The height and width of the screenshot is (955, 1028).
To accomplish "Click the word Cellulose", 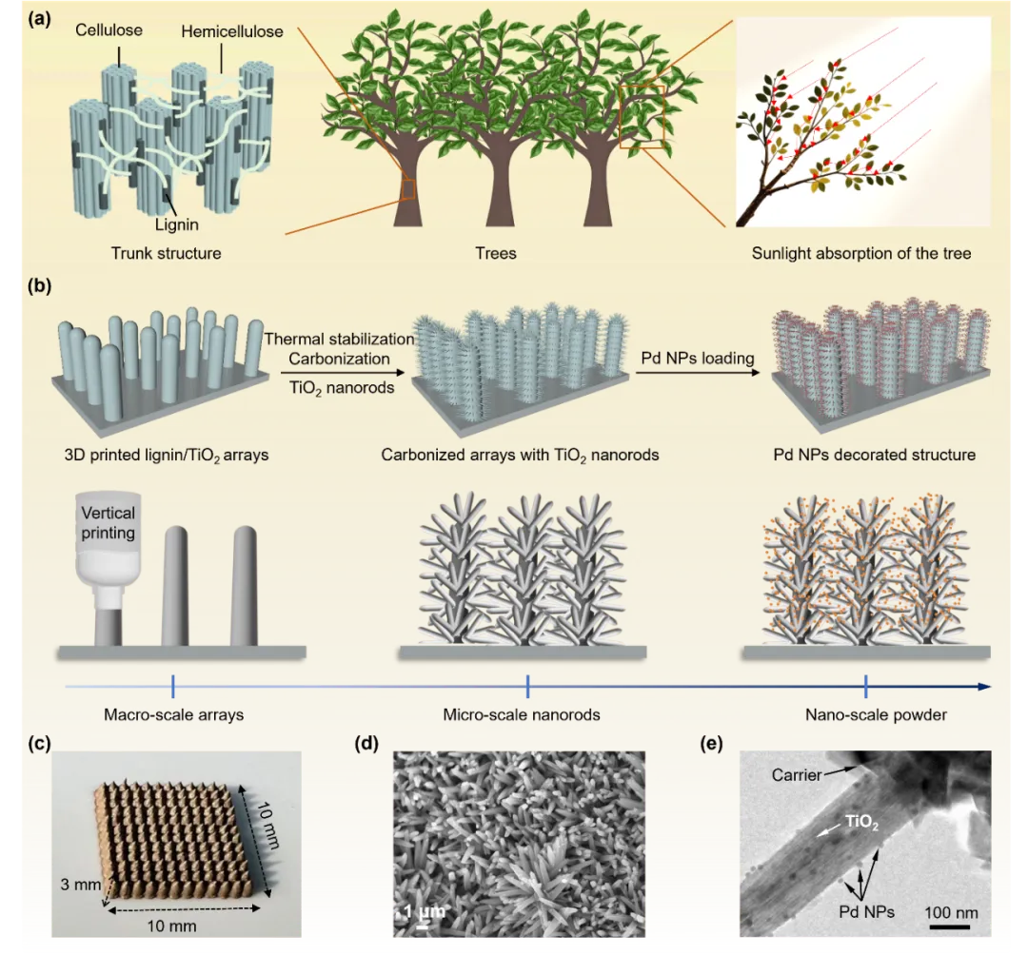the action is (109, 29).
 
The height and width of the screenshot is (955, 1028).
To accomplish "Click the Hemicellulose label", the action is (232, 31).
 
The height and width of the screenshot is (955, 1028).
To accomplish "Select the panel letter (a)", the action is (39, 16).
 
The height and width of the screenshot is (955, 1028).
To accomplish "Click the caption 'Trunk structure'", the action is (166, 253).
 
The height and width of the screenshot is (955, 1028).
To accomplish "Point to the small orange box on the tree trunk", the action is (408, 189).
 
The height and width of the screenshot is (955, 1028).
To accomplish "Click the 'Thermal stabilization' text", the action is (339, 339).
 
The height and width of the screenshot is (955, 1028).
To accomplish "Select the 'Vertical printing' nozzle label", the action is (108, 522).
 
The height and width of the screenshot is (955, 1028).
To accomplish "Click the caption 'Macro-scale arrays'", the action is (173, 714).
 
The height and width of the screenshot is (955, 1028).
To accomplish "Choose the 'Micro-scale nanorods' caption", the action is (522, 714).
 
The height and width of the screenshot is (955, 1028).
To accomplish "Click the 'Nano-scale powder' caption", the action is (876, 714).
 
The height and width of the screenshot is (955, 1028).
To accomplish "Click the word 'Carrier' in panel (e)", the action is (797, 774).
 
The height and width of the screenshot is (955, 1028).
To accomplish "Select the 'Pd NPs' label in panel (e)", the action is (867, 911).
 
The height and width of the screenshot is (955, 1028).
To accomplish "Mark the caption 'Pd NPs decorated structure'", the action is (874, 455).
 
